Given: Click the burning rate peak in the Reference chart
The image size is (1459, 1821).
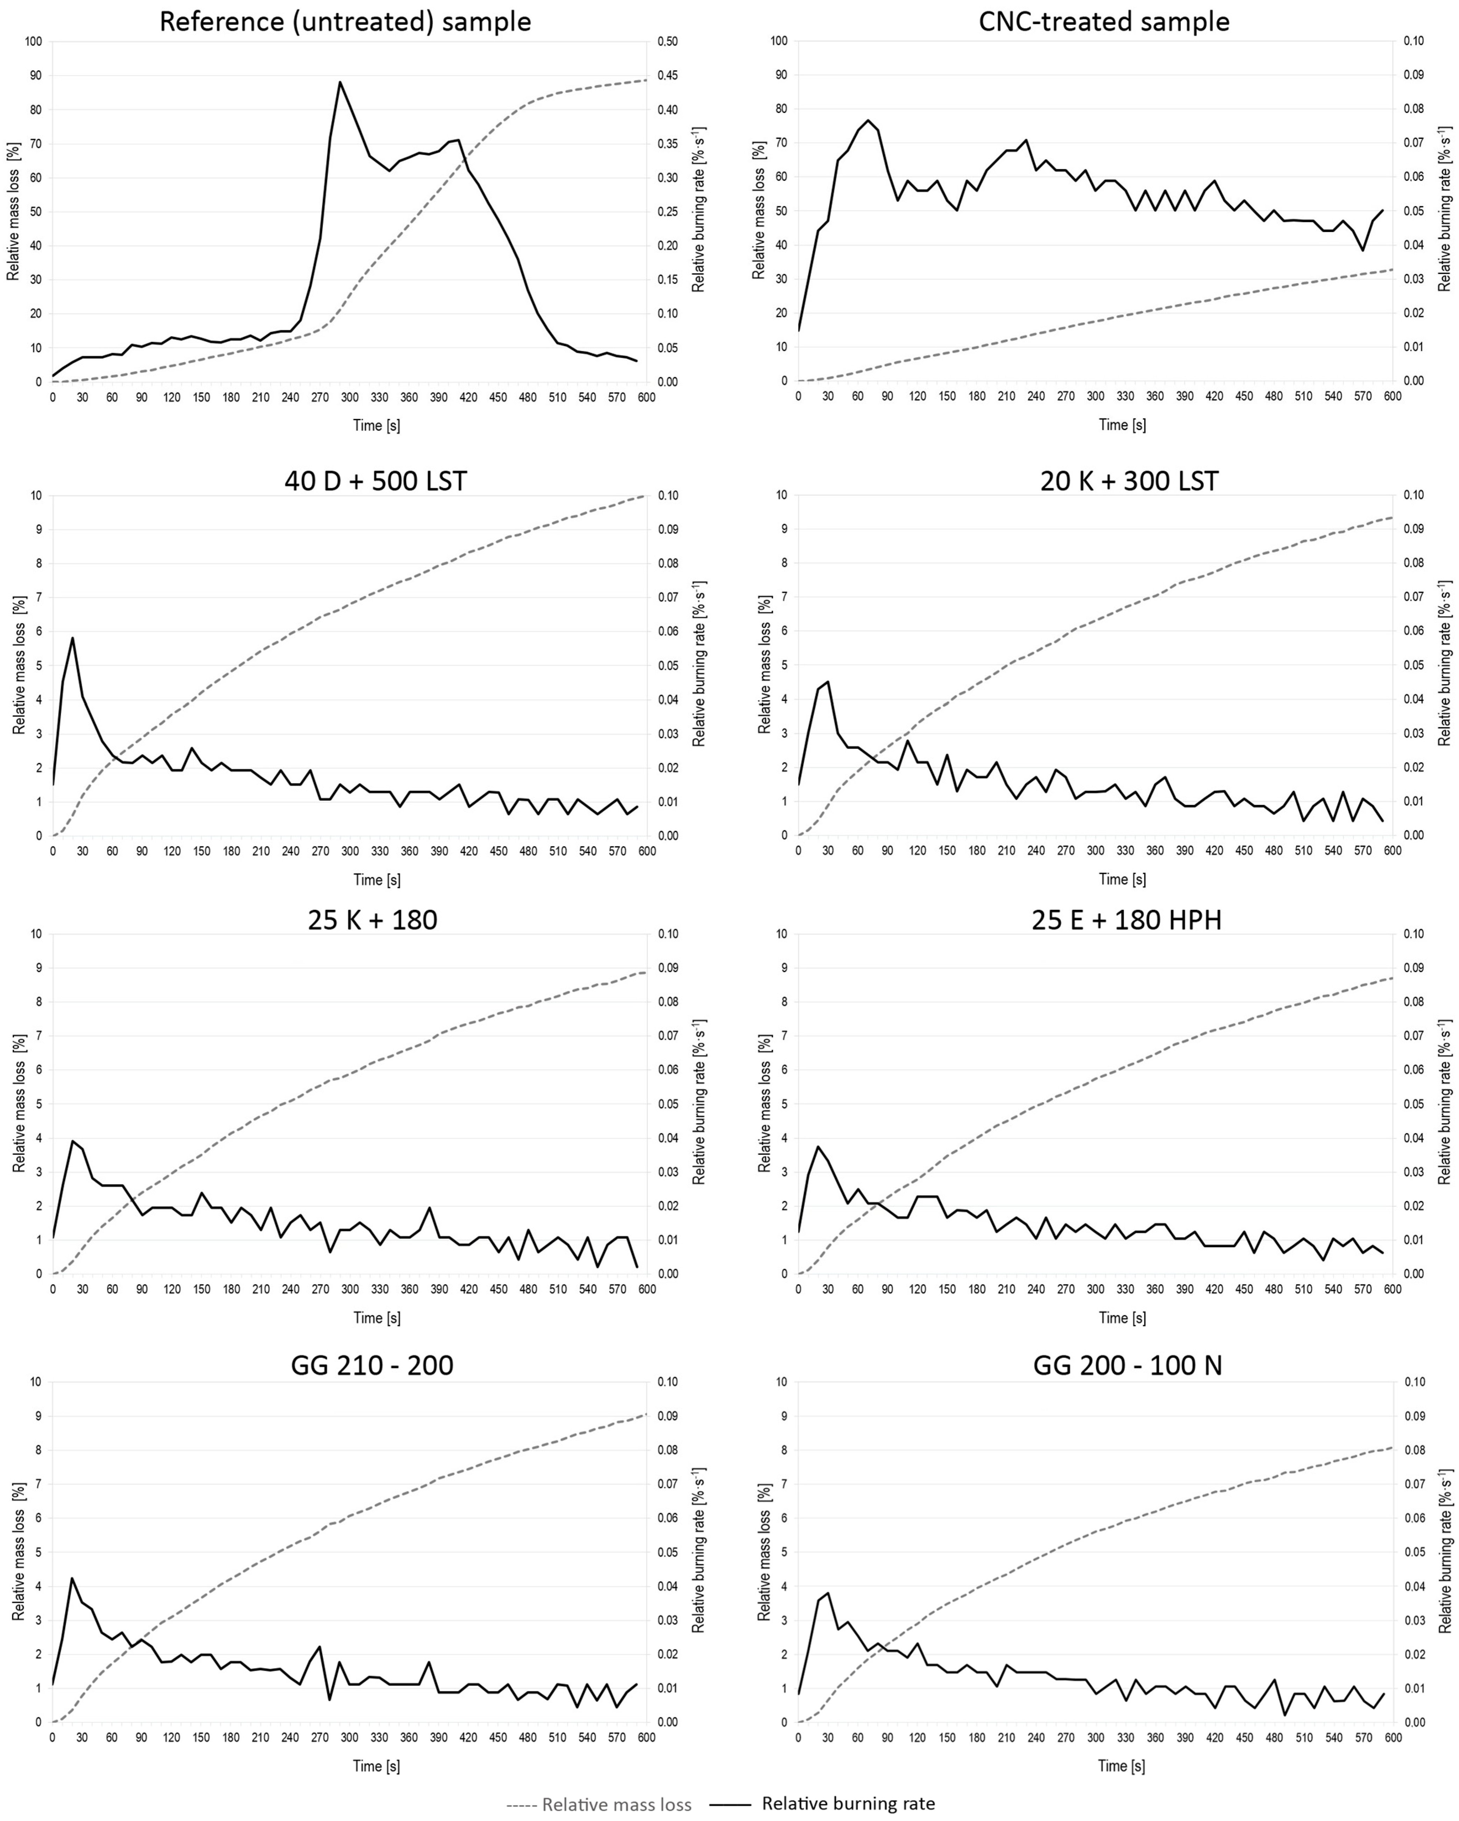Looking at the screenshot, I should (340, 82).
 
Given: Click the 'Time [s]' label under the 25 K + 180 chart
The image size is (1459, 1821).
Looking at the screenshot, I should (376, 1317).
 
